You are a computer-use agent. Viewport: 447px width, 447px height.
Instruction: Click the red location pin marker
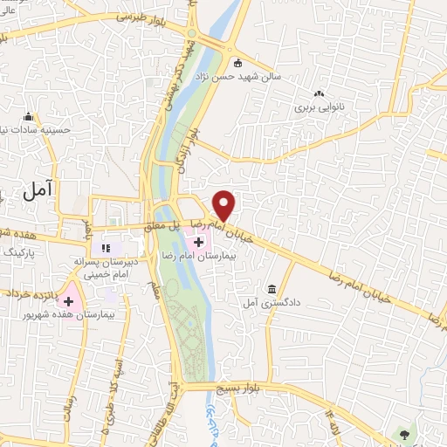tap(224, 205)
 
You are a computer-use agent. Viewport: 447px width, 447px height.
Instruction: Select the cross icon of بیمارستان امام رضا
tap(199, 241)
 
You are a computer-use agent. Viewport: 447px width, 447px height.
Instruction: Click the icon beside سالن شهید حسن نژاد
tap(238, 62)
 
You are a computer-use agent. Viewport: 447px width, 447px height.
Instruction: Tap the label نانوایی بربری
tap(315, 107)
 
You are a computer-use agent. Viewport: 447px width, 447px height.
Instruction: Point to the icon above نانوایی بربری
tap(319, 93)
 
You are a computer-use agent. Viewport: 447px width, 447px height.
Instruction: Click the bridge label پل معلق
tap(185, 225)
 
